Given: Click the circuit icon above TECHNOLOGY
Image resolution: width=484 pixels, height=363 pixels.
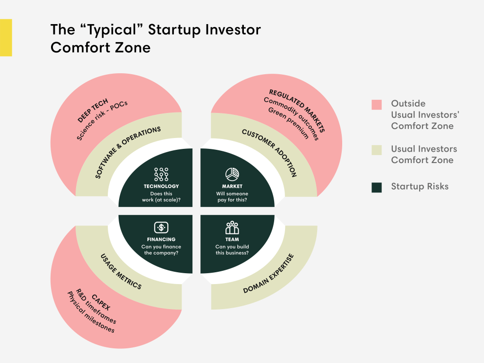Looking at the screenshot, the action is click(x=161, y=174).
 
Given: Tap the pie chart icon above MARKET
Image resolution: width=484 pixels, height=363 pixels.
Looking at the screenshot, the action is click(x=232, y=174).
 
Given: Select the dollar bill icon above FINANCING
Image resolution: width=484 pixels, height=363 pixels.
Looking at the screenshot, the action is click(x=161, y=227).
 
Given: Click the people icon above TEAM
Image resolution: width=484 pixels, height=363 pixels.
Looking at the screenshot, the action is click(x=232, y=227).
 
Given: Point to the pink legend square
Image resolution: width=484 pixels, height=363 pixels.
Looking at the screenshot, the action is click(x=377, y=104).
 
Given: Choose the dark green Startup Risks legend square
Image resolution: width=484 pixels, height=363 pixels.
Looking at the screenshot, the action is click(x=377, y=187).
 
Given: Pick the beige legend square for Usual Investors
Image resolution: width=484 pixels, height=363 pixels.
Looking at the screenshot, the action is click(x=377, y=150).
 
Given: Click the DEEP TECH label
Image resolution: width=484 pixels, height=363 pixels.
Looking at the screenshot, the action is click(x=93, y=110).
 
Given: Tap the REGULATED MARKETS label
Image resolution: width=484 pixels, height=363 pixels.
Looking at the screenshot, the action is click(x=297, y=111).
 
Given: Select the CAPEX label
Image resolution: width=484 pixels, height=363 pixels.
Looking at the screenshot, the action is click(x=101, y=302).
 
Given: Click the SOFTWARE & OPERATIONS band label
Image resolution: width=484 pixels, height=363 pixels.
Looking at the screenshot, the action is click(x=128, y=152).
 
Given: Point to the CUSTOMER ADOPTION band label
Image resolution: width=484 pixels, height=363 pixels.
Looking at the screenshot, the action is click(x=269, y=153).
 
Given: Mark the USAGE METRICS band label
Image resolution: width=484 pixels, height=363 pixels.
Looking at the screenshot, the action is click(x=121, y=272).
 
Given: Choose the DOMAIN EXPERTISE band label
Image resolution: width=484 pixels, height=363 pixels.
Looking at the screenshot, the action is click(x=268, y=274).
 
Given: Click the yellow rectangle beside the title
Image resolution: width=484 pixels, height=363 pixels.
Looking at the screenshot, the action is click(x=6, y=38).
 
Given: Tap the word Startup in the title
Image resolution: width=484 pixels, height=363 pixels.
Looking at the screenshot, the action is click(x=174, y=30).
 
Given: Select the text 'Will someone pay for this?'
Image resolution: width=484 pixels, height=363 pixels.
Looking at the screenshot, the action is click(x=232, y=197).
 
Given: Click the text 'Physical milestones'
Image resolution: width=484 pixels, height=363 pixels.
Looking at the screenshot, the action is click(x=91, y=312).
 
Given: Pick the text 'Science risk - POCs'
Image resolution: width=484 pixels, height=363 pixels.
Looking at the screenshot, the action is click(x=102, y=121).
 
